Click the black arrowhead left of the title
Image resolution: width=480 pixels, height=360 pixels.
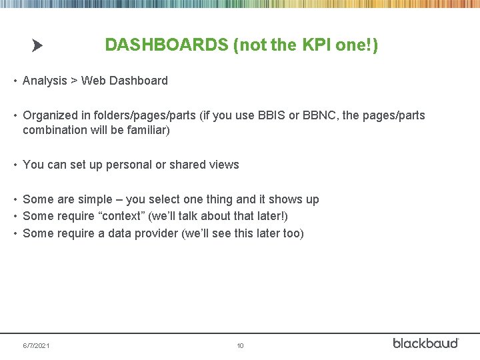tap(37, 46)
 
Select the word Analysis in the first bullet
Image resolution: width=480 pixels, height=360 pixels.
tap(45, 81)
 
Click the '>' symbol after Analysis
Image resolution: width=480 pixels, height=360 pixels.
tap(74, 81)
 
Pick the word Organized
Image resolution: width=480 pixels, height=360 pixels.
tap(50, 115)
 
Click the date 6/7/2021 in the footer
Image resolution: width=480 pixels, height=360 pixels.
tap(36, 346)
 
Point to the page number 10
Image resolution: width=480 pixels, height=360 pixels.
tap(240, 346)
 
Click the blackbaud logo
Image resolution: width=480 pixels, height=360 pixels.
tap(425, 343)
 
